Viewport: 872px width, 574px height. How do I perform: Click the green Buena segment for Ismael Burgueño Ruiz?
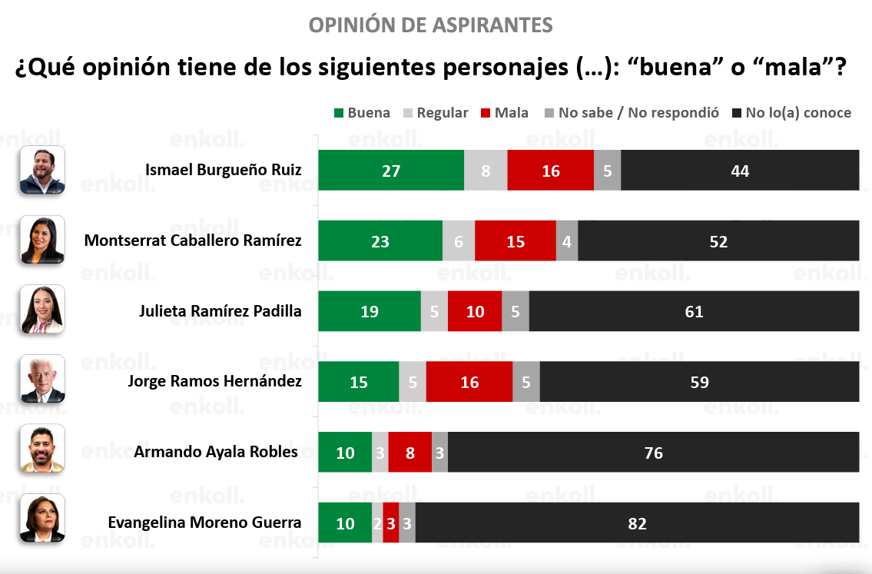pos(391,170)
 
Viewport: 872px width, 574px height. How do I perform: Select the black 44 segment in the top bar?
pos(740,170)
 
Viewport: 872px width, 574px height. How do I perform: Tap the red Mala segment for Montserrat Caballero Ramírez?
pos(516,241)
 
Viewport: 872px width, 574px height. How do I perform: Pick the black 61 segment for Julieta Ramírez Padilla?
pos(694,311)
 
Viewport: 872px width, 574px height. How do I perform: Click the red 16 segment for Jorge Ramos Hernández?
pos(469,382)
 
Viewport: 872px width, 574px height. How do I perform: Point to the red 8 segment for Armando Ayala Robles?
pos(409,452)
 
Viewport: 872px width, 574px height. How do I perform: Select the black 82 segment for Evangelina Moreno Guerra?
pos(638,523)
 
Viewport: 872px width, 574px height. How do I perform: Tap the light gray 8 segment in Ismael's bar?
pos(486,170)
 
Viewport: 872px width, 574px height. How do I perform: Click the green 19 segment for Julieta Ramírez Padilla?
pos(370,311)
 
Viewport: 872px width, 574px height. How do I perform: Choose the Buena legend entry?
pos(362,113)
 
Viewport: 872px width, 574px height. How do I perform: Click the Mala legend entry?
pos(505,113)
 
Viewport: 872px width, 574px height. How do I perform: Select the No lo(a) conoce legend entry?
pos(791,113)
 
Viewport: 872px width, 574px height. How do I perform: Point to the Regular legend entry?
pos(436,113)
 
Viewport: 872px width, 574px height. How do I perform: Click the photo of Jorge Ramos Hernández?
pos(43,380)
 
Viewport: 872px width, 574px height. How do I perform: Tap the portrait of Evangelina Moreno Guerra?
pos(43,519)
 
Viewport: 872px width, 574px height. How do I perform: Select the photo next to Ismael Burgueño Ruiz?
pos(43,170)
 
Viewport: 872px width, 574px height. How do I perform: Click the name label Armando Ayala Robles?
pos(216,452)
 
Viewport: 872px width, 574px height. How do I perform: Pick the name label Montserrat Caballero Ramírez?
pos(193,241)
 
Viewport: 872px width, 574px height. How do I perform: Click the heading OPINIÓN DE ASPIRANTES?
pos(431,25)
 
